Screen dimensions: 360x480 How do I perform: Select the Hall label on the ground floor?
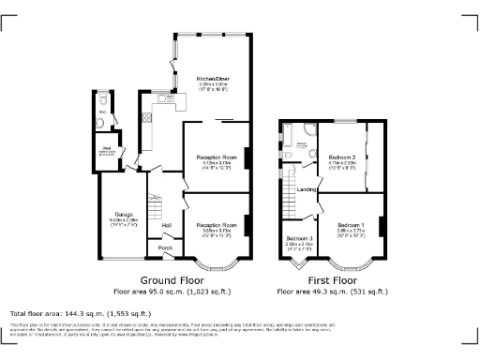tap(166, 225)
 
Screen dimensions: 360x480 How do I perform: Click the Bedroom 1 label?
tap(351, 225)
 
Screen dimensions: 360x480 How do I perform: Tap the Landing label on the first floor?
tap(306, 189)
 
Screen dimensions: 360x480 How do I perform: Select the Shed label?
tap(108, 147)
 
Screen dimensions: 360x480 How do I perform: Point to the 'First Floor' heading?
tap(333, 279)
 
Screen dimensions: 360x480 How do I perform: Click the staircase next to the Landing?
tap(289, 198)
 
